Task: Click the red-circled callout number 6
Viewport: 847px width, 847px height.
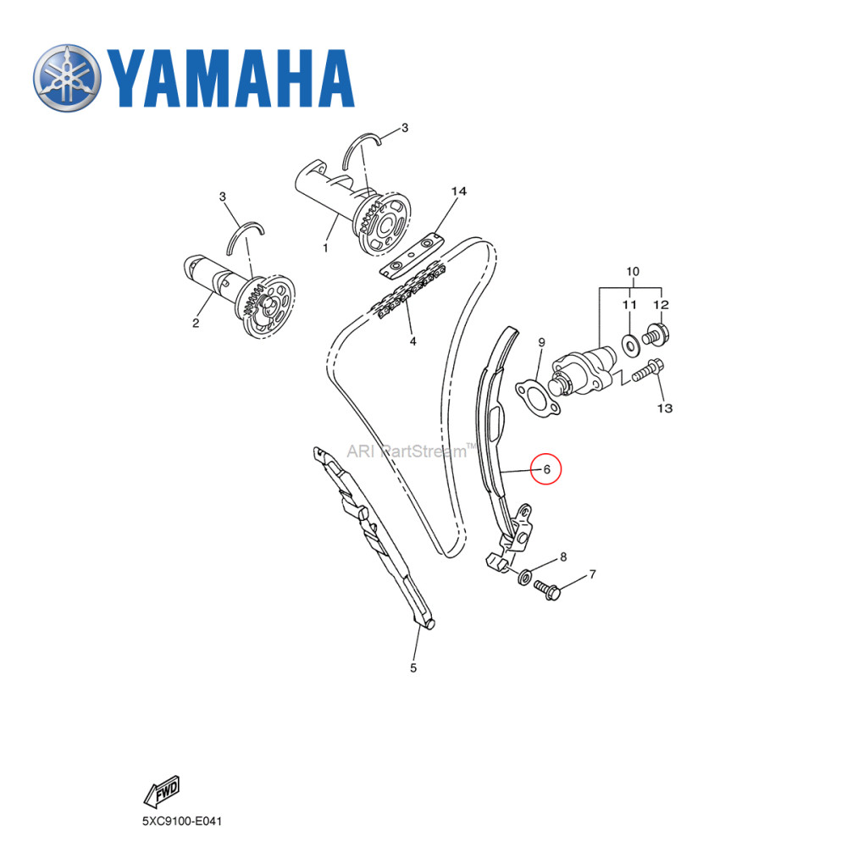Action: (x=546, y=468)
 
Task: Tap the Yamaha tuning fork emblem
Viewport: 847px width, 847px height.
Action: (x=67, y=78)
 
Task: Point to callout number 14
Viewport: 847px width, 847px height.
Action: (x=458, y=192)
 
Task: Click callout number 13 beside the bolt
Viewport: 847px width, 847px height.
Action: (x=664, y=408)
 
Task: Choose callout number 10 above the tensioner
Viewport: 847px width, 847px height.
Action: (x=632, y=272)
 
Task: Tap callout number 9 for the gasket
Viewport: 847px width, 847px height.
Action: (x=541, y=342)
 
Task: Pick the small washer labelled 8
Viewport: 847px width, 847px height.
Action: (x=524, y=577)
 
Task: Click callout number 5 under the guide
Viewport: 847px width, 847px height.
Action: (x=413, y=668)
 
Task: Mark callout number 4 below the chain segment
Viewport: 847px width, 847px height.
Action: (x=412, y=342)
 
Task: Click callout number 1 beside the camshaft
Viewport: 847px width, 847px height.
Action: (x=325, y=248)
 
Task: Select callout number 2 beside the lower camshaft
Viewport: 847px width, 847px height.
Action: (x=196, y=323)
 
